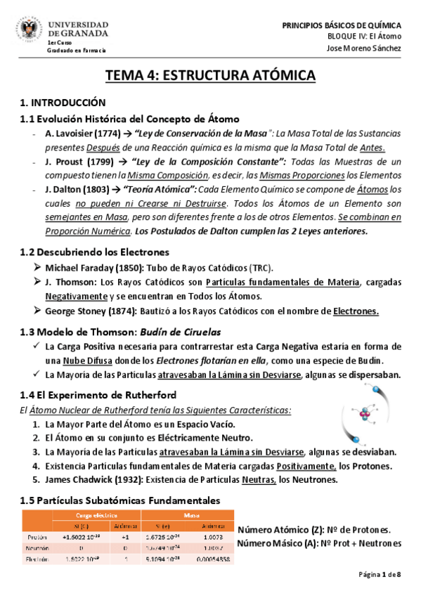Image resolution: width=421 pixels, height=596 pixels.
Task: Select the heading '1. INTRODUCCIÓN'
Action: pyautogui.click(x=63, y=103)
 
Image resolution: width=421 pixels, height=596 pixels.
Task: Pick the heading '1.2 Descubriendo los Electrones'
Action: pyautogui.click(x=96, y=252)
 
